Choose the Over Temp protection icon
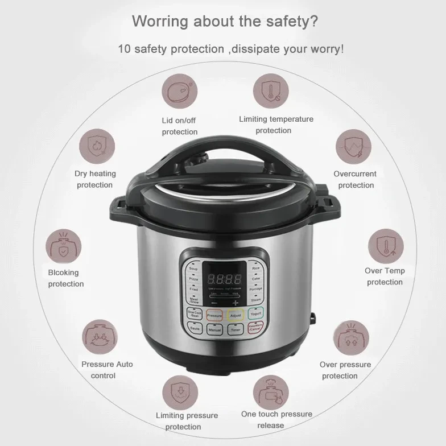[385, 245]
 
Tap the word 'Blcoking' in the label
[63, 272]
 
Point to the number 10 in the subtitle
[125, 49]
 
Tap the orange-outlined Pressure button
[214, 314]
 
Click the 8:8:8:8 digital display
[224, 279]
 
